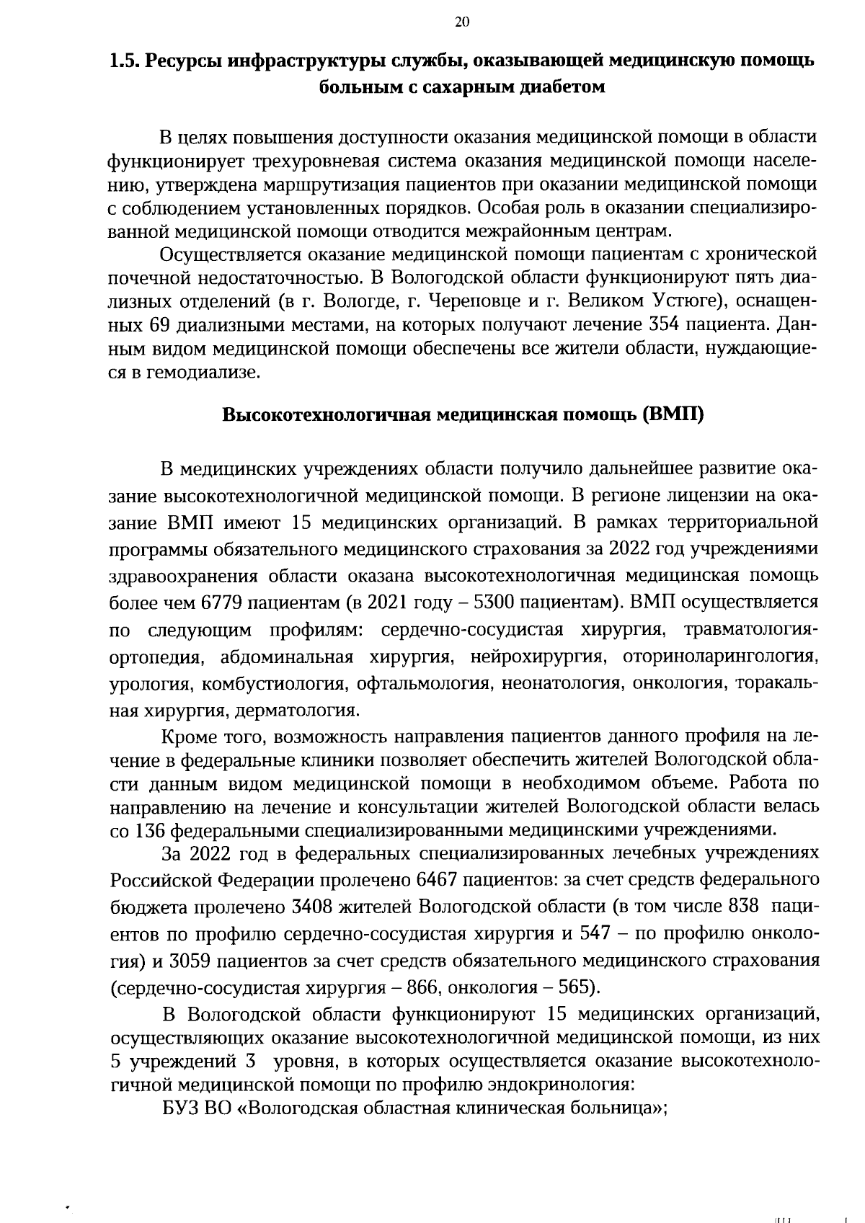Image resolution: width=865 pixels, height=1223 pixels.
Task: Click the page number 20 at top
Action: pos(462,22)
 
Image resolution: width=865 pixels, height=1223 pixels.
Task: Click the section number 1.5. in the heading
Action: pos(124,61)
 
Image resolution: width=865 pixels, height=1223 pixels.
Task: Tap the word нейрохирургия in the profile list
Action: pos(536,657)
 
